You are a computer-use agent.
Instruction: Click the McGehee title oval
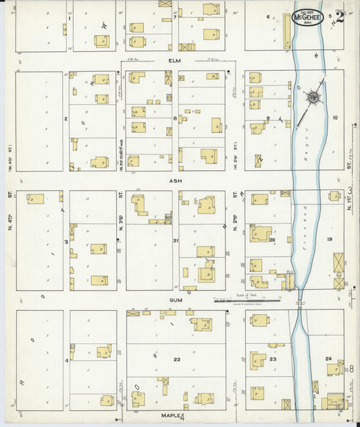(307, 18)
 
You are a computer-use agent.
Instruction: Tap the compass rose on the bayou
(314, 99)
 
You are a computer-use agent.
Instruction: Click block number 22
(176, 360)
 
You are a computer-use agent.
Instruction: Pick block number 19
(330, 240)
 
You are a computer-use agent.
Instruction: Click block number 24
(328, 359)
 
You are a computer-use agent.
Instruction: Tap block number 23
(273, 359)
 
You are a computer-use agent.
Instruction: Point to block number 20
(272, 239)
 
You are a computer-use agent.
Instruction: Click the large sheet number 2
(339, 16)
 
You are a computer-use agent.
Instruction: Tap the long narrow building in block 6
(286, 32)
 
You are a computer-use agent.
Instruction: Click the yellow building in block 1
(102, 41)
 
